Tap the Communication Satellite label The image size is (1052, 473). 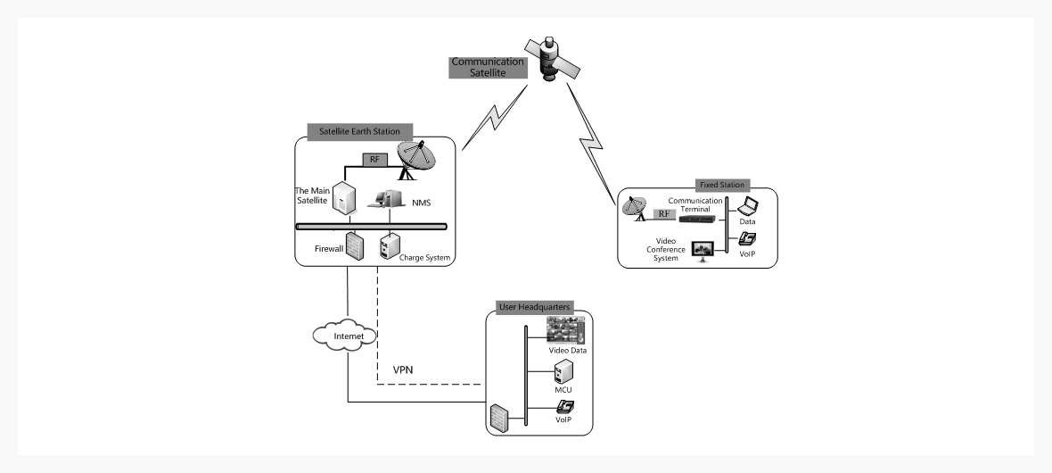[x=482, y=68]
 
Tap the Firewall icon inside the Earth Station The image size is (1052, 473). [x=355, y=245]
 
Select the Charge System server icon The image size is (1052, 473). [x=390, y=245]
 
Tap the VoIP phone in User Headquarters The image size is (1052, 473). [x=564, y=408]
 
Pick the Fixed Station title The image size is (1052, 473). [x=721, y=185]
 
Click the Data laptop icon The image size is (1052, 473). [x=747, y=208]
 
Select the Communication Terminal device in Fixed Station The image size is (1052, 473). [x=696, y=218]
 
